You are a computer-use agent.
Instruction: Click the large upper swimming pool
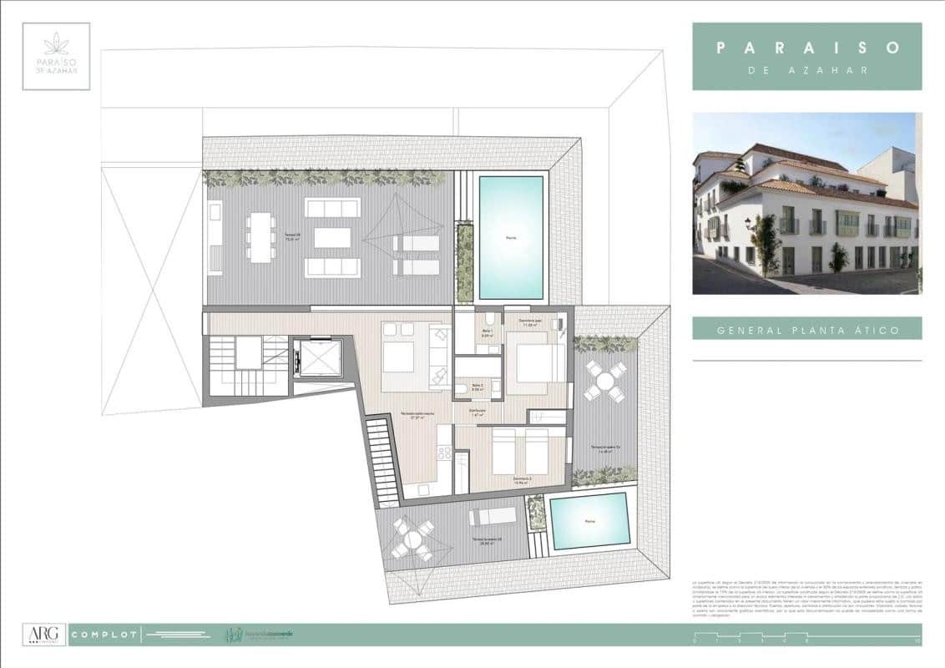click(x=511, y=237)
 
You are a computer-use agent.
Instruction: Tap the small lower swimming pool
click(x=590, y=521)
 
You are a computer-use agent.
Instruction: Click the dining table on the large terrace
click(x=260, y=237)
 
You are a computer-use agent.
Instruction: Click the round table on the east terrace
click(x=605, y=382)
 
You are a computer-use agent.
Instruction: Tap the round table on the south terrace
click(x=413, y=539)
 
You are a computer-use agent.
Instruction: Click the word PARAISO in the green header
click(x=807, y=48)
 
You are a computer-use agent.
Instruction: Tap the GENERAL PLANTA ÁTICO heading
click(x=807, y=330)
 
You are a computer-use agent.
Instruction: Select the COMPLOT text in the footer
click(x=104, y=635)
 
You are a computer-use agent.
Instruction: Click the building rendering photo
click(x=807, y=203)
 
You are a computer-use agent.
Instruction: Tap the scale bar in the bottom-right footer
click(x=806, y=641)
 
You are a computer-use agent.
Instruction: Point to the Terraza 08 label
click(x=292, y=235)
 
